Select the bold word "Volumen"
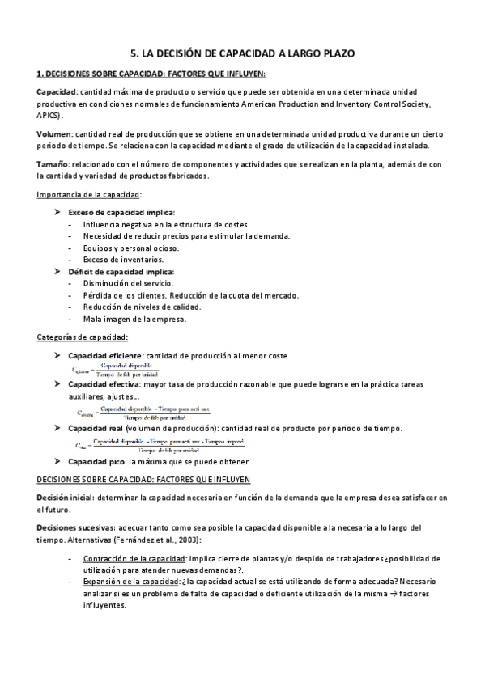(55, 133)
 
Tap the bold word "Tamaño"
(53, 164)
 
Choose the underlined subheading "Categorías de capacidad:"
(83, 337)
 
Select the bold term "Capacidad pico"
(96, 461)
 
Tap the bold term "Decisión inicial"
(66, 498)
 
